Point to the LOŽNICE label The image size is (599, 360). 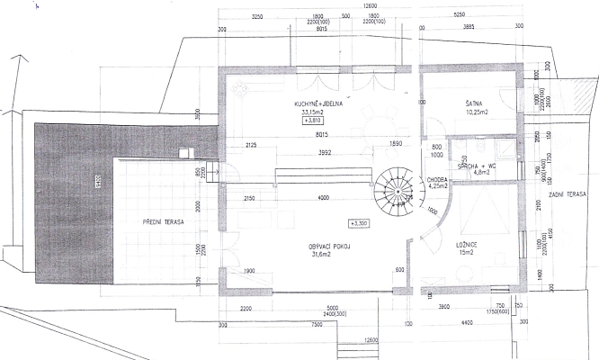[465, 244]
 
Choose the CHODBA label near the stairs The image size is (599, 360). [438, 179]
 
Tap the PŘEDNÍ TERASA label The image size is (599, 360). [163, 221]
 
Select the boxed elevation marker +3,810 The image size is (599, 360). [313, 121]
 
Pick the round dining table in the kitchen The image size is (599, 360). [381, 121]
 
